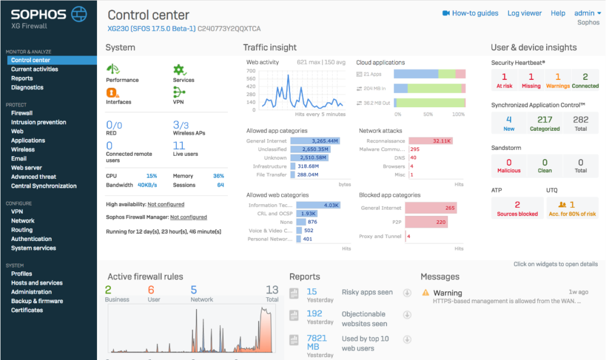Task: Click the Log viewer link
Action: tap(524, 13)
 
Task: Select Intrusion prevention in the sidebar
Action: tap(38, 122)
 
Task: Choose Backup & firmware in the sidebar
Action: tap(37, 301)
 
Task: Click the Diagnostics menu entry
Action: tap(27, 87)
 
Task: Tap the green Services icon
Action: tap(179, 69)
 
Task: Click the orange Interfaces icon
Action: tap(112, 92)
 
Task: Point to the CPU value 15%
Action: tap(151, 176)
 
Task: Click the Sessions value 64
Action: tap(220, 185)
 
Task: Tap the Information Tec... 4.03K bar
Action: tap(316, 205)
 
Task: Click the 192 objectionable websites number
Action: tap(314, 314)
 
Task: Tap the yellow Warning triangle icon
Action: tap(426, 292)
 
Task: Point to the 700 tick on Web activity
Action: tap(252, 70)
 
